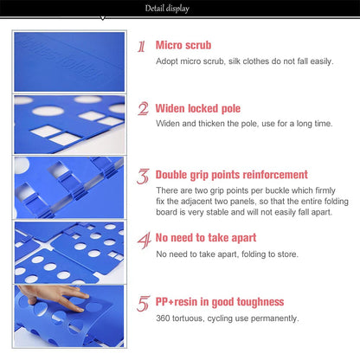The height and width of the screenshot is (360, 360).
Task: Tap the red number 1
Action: click(142, 46)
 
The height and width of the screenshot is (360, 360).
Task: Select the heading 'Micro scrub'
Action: click(183, 44)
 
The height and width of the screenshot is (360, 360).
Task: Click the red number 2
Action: click(143, 109)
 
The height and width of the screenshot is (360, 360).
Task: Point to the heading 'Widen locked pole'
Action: click(198, 109)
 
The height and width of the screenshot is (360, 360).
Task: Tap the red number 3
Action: click(143, 176)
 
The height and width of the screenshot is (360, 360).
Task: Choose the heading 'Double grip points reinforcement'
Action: click(232, 174)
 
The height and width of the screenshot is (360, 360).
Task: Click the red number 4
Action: click(143, 239)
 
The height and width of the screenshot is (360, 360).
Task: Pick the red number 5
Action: click(143, 303)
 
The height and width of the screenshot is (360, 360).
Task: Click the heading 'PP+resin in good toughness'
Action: click(220, 302)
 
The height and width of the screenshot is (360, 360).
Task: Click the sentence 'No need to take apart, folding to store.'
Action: click(226, 254)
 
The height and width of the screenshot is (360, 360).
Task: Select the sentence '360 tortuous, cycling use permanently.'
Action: click(228, 318)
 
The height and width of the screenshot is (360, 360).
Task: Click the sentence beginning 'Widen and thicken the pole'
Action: click(244, 124)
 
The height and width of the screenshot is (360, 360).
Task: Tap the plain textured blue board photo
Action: click(69, 61)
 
